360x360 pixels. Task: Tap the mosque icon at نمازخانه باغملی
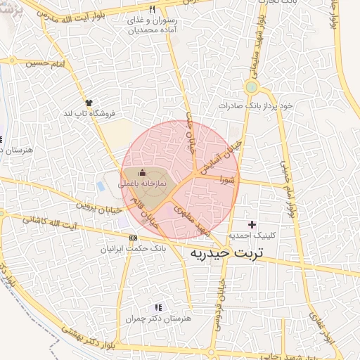(143, 173)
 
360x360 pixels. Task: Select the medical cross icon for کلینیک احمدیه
(252, 224)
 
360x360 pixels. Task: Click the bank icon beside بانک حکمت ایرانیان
(134, 238)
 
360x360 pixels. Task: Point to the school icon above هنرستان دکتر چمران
(158, 307)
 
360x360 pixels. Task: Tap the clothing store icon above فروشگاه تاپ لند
(89, 103)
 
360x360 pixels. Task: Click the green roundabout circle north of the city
(250, 87)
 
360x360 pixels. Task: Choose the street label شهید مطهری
(193, 219)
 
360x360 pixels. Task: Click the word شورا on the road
(229, 180)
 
